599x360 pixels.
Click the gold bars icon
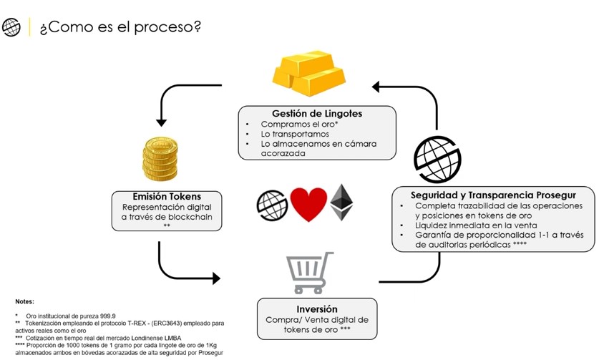[x=308, y=74]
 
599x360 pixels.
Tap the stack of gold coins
[x=160, y=159]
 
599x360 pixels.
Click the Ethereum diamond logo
[x=341, y=203]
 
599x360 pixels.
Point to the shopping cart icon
[x=309, y=273]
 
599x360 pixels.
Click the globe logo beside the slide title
[x=11, y=27]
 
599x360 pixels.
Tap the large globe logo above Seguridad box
[x=437, y=159]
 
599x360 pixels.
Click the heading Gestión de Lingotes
[x=317, y=114]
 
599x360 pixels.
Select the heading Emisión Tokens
[x=167, y=196]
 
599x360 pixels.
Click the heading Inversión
[x=317, y=308]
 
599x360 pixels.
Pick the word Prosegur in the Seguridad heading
[x=556, y=195]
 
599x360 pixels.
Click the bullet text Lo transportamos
[x=295, y=134]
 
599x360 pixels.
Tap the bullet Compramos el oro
[x=299, y=125]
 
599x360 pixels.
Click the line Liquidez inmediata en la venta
[x=476, y=225]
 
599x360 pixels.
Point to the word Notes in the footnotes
[x=24, y=301]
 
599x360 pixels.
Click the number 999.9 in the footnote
[x=108, y=316]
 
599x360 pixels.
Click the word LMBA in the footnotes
[x=172, y=339]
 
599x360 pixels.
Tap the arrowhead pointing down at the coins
[x=161, y=122]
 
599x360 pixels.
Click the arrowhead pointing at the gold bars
[x=376, y=87]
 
